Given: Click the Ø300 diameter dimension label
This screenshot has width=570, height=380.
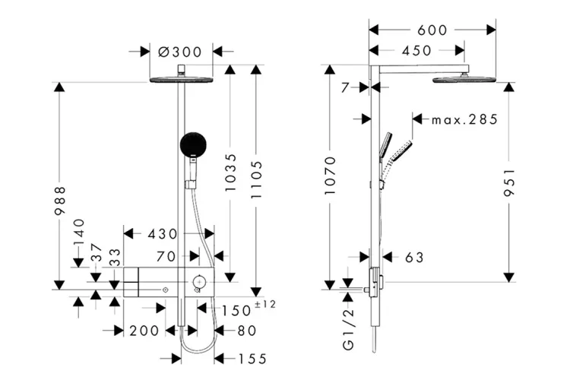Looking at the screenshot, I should pos(179,52).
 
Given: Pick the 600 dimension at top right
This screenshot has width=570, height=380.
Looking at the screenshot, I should pos(432,30).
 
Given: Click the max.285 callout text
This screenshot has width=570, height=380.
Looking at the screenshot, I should pos(464,119).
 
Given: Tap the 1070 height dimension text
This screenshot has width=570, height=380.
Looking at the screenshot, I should pos(329,177).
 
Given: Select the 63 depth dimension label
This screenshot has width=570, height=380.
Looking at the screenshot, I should pos(414,258).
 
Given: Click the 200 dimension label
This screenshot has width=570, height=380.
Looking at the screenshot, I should pos(144,331).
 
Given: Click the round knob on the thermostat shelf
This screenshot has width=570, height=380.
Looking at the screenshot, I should pos(198,283).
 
